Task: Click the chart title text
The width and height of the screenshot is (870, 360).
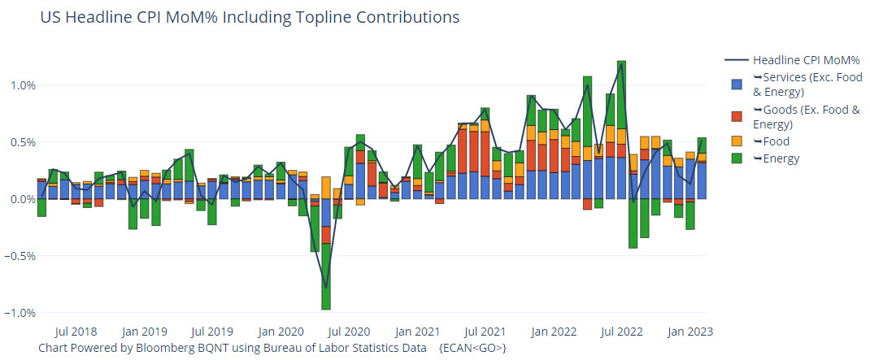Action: pos(250,17)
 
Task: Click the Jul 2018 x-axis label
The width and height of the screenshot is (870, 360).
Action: pos(76,332)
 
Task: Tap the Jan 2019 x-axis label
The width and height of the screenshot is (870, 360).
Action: pos(144,332)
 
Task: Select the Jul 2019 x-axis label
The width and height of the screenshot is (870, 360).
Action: pos(212,332)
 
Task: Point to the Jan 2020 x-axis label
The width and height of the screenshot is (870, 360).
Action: pos(281,332)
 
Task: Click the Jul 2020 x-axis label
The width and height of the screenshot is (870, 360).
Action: pos(349,332)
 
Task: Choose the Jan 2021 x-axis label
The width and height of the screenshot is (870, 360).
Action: pos(417,332)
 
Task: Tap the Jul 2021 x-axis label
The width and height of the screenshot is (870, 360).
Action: pos(485,332)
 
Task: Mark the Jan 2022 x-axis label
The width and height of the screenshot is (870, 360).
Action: pos(554,332)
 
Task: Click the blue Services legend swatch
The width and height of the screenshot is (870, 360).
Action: pos(737,85)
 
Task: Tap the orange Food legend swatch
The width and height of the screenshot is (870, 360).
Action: pos(737,141)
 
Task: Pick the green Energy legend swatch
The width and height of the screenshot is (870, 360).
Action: pos(737,158)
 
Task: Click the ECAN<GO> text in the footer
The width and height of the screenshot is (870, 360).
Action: pos(473,348)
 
